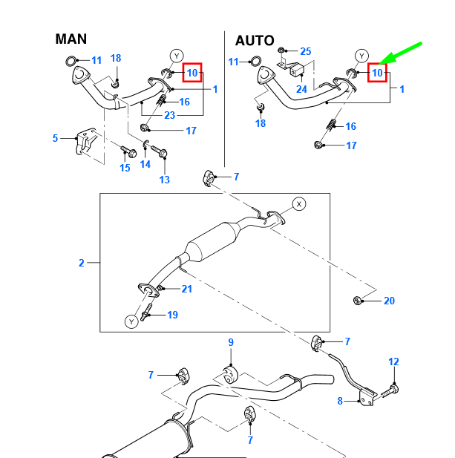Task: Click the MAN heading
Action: pos(71,39)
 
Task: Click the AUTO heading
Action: pos(255,41)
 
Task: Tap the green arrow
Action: pos(400,53)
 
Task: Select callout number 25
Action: pos(306,51)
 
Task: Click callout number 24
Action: pos(301,89)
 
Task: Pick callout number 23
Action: pos(170,115)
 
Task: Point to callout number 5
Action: pos(55,138)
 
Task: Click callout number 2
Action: pos(82,263)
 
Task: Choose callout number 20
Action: pos(389,301)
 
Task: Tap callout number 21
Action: pos(187,289)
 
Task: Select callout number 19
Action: pos(173,315)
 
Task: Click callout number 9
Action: pos(231,342)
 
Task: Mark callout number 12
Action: pos(393,362)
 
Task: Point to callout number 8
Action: pos(340,401)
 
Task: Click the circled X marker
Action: pos(299,204)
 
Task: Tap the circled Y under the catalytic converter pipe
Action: pos(131,321)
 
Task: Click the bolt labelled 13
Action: pos(159,151)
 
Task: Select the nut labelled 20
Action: pos(358,301)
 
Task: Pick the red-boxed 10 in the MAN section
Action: pos(192,73)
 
